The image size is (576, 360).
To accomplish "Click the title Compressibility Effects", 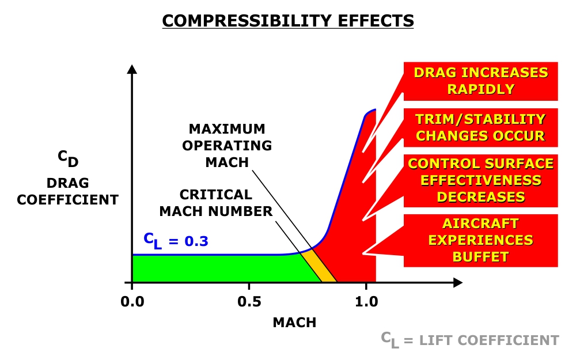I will (288, 21).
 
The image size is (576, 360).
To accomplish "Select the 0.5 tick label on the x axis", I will (249, 301).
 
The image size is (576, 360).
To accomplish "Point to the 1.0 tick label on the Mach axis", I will (366, 301).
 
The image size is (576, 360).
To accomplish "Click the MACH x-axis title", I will (294, 323).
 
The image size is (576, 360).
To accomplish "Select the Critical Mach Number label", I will (215, 203).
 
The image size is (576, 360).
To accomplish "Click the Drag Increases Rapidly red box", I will (480, 81).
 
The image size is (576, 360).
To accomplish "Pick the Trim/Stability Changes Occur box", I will (480, 127).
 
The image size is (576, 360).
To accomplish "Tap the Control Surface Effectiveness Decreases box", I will (480, 180).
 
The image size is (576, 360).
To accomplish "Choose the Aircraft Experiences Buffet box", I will (480, 240).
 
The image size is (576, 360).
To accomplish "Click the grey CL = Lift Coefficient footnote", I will (469, 340).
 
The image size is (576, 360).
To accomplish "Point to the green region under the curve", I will (219, 268).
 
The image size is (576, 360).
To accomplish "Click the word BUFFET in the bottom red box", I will (480, 256).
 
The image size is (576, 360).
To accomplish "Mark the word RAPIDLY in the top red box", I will (480, 89).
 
